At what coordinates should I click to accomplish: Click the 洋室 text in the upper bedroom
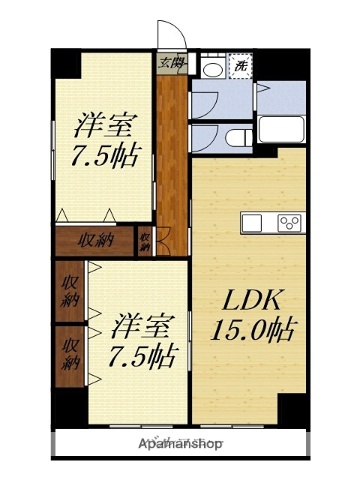coord(103,127)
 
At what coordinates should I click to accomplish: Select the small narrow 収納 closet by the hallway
coord(145,241)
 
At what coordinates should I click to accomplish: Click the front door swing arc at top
coord(160,36)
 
